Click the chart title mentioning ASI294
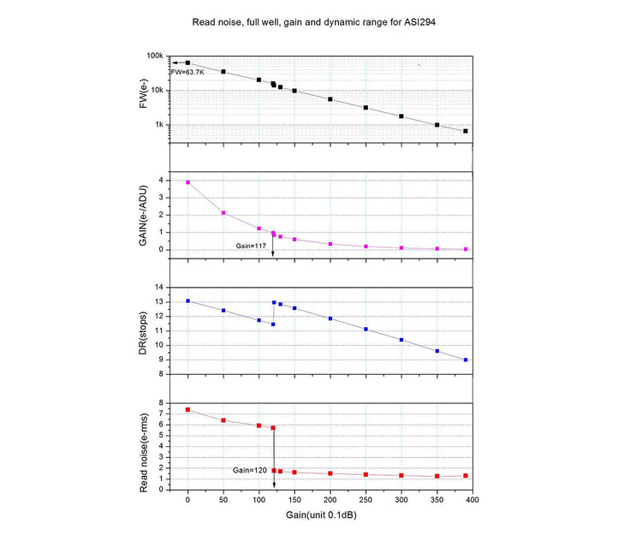(321, 17)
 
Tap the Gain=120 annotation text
(251, 470)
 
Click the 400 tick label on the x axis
(472, 499)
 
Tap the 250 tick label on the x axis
(366, 499)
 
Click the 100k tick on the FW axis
(155, 56)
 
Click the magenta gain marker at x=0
(188, 182)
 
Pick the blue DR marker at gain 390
(465, 360)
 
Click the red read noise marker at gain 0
(187, 409)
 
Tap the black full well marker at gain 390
(465, 131)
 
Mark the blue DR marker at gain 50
(223, 310)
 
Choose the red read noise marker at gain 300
(401, 475)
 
